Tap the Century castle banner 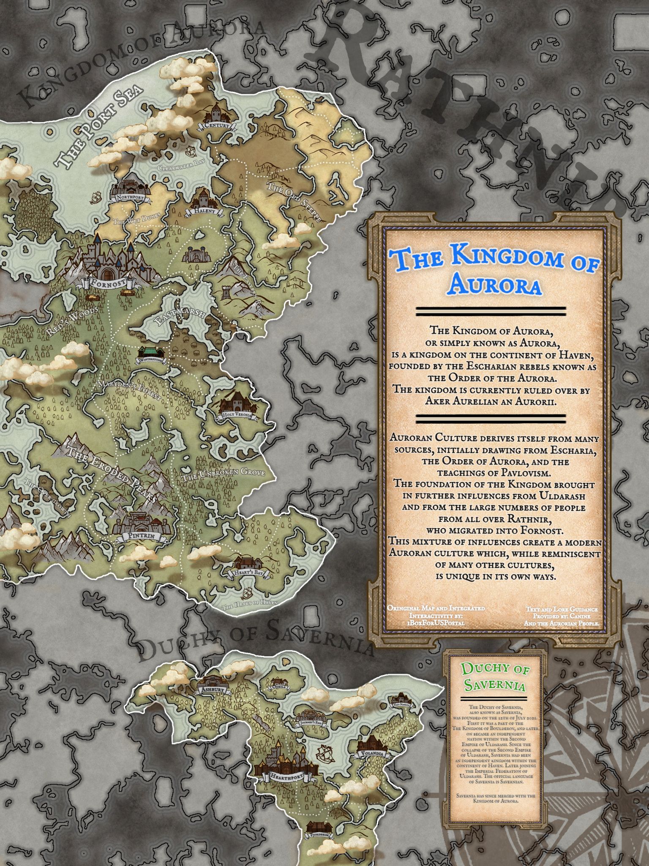217,126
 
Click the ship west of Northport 96,196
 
